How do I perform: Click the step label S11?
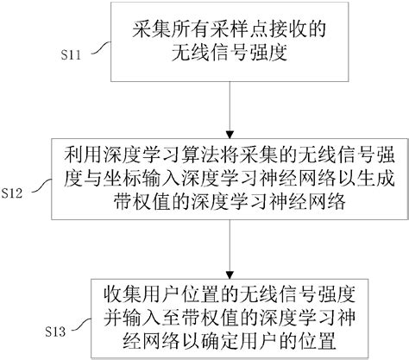(75, 54)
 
